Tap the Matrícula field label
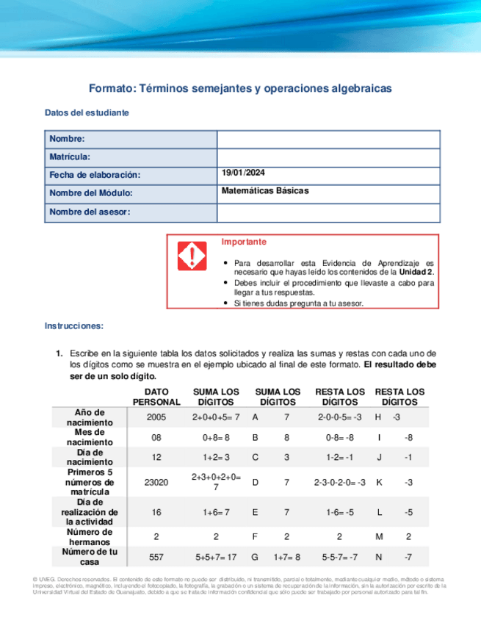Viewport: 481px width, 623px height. click(70, 157)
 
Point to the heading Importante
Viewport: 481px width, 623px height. click(244, 242)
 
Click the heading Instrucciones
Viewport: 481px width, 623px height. click(74, 325)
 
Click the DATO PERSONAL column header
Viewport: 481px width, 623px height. click(156, 397)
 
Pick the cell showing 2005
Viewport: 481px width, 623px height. click(156, 417)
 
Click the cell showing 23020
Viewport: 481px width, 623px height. click(156, 483)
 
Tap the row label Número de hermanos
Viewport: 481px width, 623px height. click(89, 536)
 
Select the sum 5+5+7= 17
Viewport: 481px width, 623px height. click(215, 558)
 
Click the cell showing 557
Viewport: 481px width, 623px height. click(156, 558)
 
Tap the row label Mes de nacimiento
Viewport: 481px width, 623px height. click(90, 437)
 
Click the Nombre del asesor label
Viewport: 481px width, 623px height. click(89, 212)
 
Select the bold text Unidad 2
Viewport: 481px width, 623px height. click(416, 271)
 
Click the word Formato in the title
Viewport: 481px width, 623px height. click(112, 87)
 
